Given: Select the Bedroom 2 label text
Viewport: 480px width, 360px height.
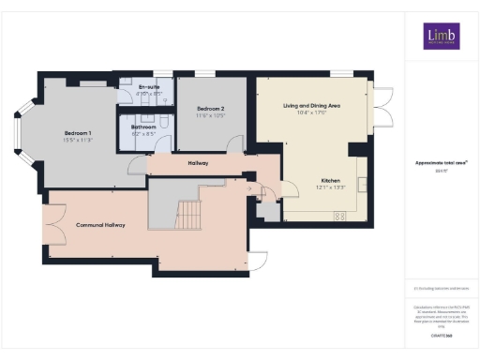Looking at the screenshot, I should pyautogui.click(x=209, y=109).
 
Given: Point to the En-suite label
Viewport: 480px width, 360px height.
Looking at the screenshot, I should pyautogui.click(x=124, y=87).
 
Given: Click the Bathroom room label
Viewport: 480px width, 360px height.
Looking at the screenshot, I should pyautogui.click(x=143, y=127).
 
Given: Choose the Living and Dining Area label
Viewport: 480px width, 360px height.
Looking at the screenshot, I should pyautogui.click(x=311, y=106).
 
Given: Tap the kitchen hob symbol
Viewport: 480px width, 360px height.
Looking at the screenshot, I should pyautogui.click(x=338, y=216).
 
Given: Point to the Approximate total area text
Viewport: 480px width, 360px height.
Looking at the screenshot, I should pyautogui.click(x=441, y=163).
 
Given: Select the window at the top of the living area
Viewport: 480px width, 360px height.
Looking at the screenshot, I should pyautogui.click(x=341, y=73).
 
